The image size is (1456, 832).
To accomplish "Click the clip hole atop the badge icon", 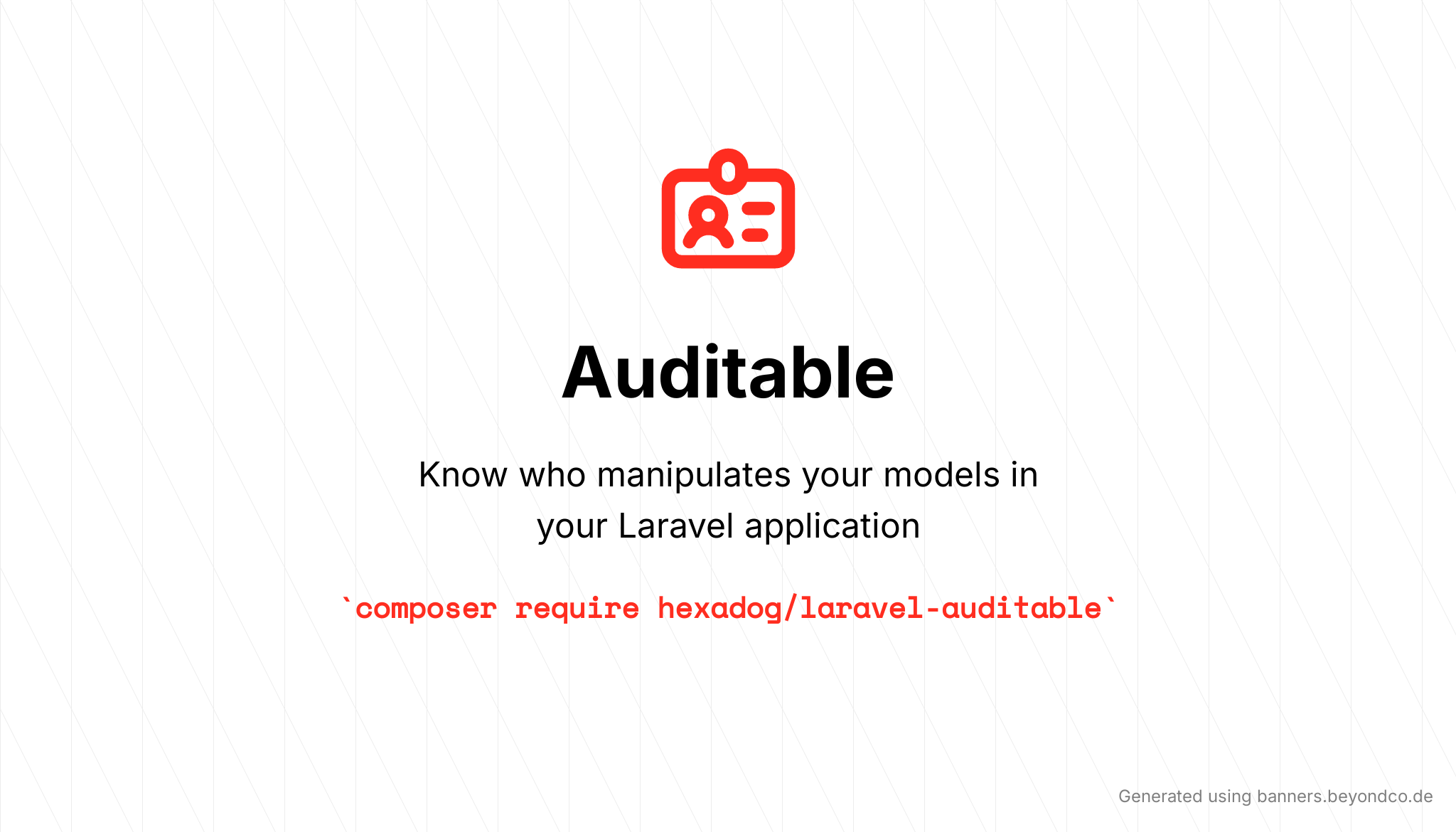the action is [x=728, y=171].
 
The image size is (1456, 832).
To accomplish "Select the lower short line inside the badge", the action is [x=755, y=235].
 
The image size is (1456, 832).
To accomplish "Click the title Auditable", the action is [x=728, y=373].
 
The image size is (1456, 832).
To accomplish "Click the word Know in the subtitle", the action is [x=463, y=474].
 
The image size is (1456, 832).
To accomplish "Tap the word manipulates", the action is [x=694, y=476].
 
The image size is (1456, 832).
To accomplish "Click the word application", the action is [x=833, y=527].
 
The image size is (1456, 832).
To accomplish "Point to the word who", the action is [x=552, y=474].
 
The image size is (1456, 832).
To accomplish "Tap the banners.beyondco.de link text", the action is [x=1344, y=796].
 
